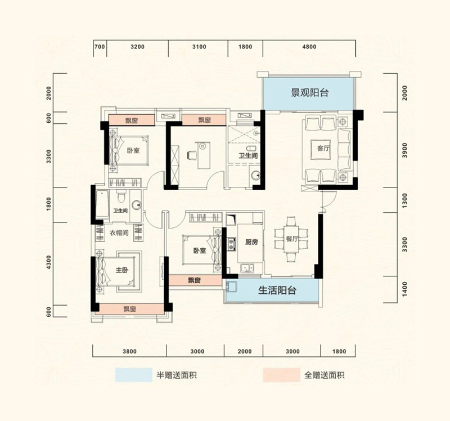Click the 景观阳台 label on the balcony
click(x=310, y=93)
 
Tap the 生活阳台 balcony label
click(x=277, y=290)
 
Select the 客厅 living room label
click(x=323, y=149)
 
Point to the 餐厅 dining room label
click(x=292, y=239)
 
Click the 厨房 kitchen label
click(x=251, y=242)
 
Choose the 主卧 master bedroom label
click(x=122, y=270)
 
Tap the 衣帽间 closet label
click(x=119, y=232)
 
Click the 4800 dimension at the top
click(x=309, y=47)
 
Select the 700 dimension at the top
click(x=100, y=47)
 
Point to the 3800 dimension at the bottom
click(x=129, y=351)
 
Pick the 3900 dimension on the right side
click(x=404, y=150)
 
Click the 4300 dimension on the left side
click(x=48, y=262)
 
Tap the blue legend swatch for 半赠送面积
click(x=134, y=375)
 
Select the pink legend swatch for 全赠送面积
click(x=282, y=375)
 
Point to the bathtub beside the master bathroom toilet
click(x=102, y=204)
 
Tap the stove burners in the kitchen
click(x=231, y=244)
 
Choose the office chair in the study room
click(x=192, y=155)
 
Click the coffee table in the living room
click(x=323, y=149)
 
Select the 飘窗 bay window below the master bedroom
click(x=130, y=309)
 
